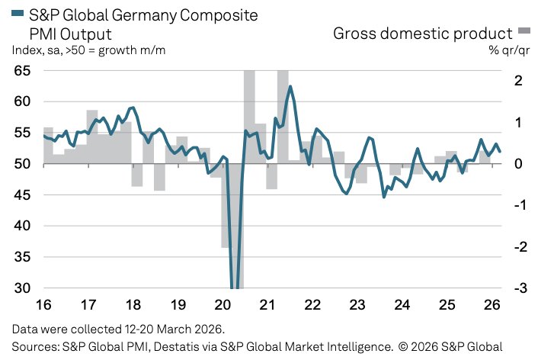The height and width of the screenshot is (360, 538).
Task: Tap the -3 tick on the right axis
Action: pyautogui.click(x=518, y=288)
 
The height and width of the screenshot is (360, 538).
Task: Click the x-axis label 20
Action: pyautogui.click(x=223, y=304)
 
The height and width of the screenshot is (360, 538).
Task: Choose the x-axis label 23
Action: pyautogui.click(x=357, y=304)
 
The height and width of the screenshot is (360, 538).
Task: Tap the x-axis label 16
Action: pyautogui.click(x=43, y=304)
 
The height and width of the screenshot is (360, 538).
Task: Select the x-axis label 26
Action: pyautogui.click(x=492, y=304)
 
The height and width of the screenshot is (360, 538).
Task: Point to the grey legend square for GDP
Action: pyautogui.click(x=524, y=31)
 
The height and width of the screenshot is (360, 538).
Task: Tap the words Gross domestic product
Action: pyautogui.click(x=423, y=33)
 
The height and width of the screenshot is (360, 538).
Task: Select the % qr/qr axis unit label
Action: pyautogui.click(x=510, y=50)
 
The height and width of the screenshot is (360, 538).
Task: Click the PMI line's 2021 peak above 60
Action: pyautogui.click(x=290, y=87)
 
